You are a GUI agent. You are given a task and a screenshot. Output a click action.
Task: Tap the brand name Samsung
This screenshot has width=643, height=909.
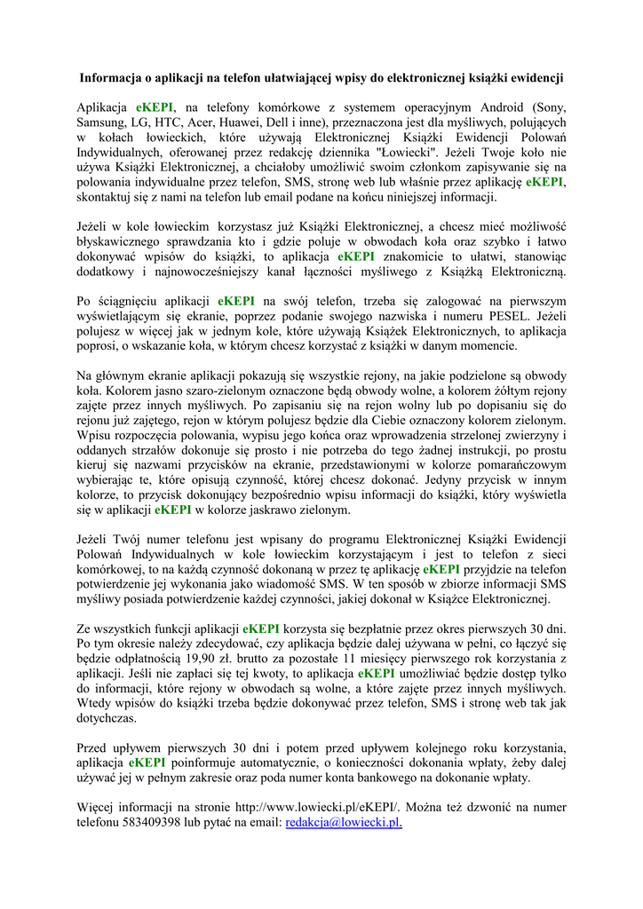tap(103, 123)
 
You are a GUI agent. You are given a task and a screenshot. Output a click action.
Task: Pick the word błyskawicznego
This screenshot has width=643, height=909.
tap(121, 242)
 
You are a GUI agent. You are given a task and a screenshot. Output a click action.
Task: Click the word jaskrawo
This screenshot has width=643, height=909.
tap(268, 510)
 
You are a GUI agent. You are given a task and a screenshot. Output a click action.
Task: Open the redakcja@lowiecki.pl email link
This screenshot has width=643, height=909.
tap(343, 824)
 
